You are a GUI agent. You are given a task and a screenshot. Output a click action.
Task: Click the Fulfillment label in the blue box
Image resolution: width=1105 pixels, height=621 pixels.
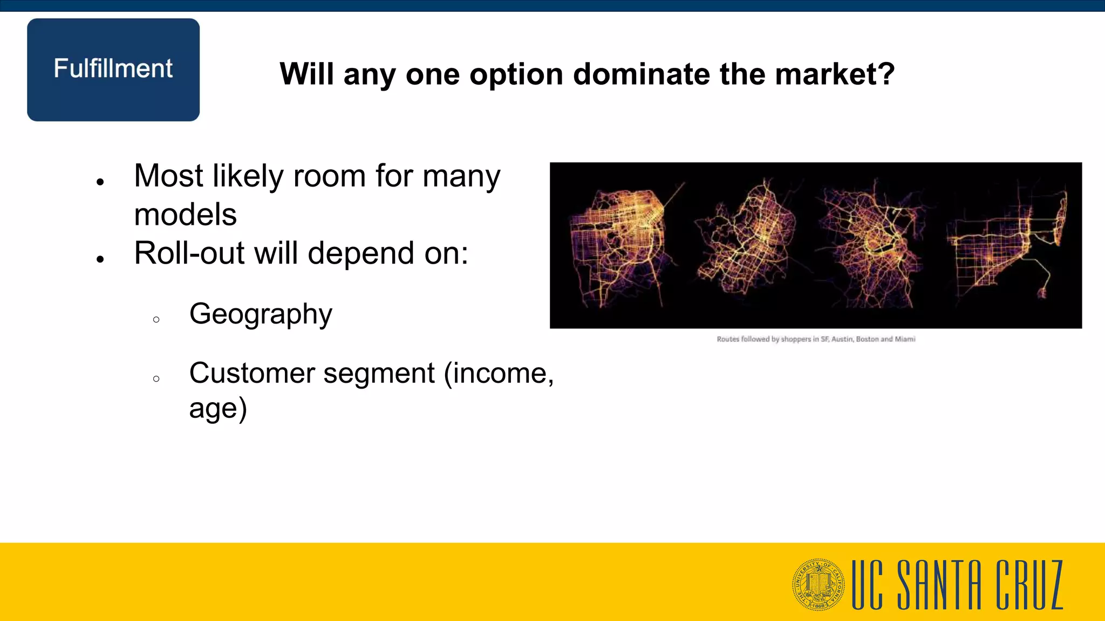[113, 69]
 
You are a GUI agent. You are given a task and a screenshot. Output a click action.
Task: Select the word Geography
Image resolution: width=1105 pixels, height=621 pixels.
[261, 314]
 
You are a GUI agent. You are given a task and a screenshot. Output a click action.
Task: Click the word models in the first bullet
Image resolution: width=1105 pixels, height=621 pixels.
[185, 215]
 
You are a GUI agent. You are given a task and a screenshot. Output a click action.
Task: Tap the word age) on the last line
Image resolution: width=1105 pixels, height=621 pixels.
[218, 409]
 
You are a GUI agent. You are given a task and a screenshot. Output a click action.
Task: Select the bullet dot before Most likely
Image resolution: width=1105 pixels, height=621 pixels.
[100, 182]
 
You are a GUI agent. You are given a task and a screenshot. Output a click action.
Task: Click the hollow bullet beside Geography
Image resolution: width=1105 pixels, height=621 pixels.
[156, 320]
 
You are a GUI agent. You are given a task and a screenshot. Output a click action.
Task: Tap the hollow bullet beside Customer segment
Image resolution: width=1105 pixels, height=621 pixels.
[156, 379]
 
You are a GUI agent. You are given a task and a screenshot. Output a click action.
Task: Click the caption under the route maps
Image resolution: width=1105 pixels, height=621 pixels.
[816, 339]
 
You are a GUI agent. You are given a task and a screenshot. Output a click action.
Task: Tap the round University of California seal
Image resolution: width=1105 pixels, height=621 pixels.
[818, 584]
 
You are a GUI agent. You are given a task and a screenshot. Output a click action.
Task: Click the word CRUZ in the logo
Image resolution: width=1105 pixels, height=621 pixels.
[1029, 584]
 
